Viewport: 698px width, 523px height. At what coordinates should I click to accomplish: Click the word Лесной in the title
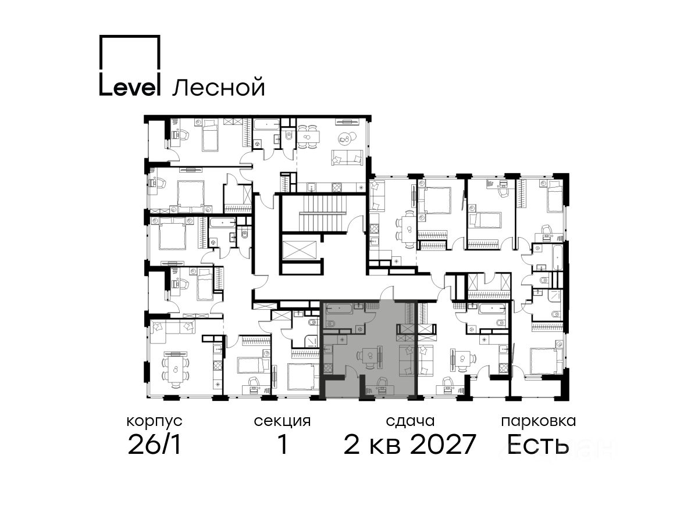pos(219,87)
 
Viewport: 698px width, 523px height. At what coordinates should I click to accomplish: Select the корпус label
pos(154,422)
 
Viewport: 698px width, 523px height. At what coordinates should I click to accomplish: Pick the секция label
pos(282,421)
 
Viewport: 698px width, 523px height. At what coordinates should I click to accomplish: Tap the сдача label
pos(410,421)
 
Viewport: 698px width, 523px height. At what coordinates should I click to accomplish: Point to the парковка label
pos(539,422)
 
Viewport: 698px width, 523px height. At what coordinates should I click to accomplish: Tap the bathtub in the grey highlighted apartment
pos(339,308)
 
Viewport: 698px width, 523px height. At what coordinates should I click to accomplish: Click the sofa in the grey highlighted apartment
pos(407,360)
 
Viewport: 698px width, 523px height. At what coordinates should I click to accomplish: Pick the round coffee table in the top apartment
pos(345,138)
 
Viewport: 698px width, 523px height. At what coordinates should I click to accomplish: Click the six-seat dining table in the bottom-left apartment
pos(175,370)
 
